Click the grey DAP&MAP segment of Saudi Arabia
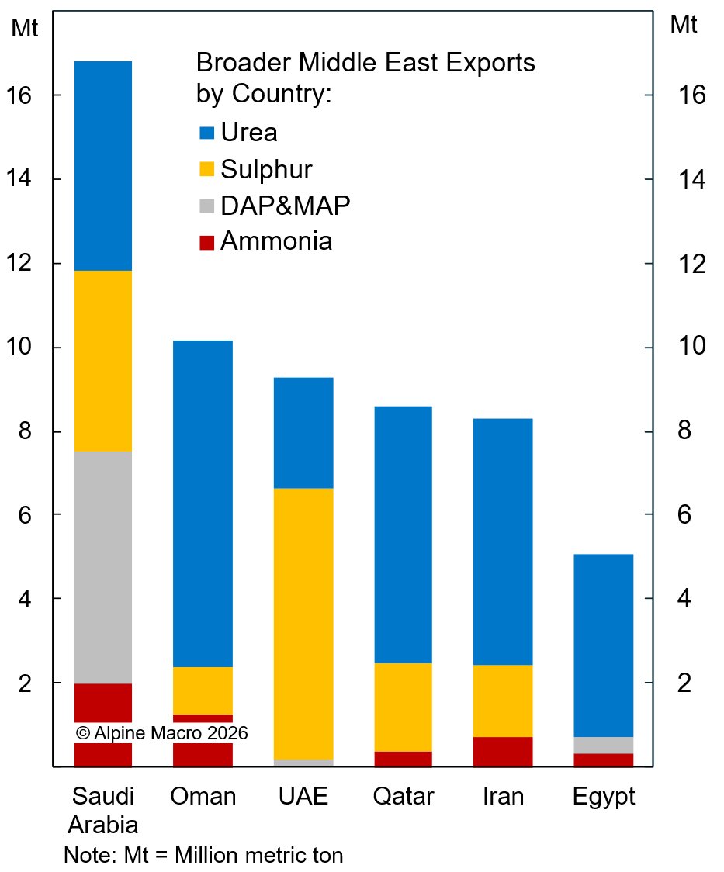tap(103, 566)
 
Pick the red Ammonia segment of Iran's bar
tap(503, 751)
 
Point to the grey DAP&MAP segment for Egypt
tap(605, 745)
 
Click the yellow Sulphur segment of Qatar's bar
tap(403, 707)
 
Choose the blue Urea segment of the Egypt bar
tap(605, 645)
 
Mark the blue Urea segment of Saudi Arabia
tap(103, 165)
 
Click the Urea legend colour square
tap(206, 133)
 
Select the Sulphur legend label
tap(266, 169)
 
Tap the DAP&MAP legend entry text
tap(286, 206)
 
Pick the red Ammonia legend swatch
tap(206, 242)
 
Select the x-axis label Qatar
tap(403, 797)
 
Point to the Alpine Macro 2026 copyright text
tap(161, 732)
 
